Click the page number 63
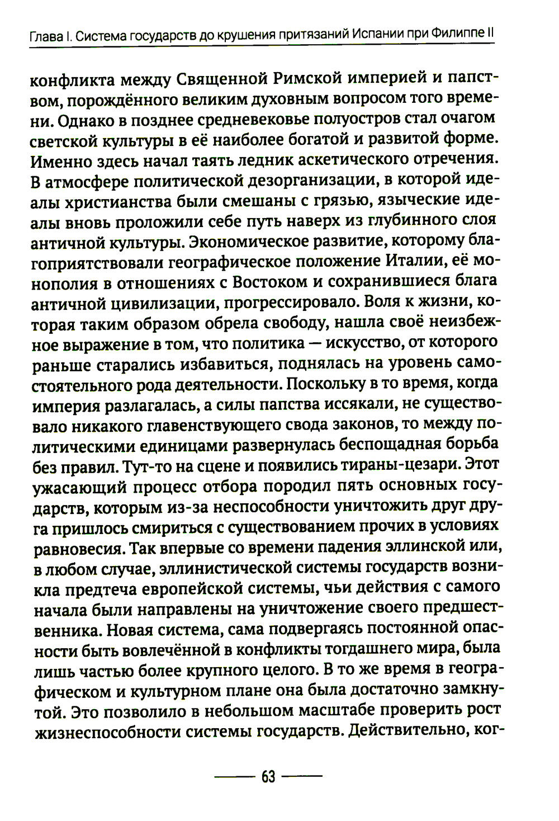268,777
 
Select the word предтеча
100,588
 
